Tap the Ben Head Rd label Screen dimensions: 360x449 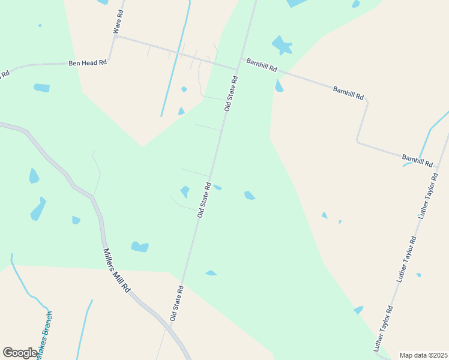click(x=87, y=62)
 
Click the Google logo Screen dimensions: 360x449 click(x=20, y=353)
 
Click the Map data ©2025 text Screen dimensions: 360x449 click(x=423, y=355)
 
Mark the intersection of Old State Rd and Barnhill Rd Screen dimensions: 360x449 click(x=238, y=68)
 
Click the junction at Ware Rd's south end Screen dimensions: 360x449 click(x=113, y=37)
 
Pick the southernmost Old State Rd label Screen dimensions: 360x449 click(x=176, y=304)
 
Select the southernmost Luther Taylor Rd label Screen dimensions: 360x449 click(x=382, y=329)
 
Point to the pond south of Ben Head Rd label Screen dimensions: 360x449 click(x=41, y=88)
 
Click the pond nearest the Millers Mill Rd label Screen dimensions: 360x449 click(x=139, y=247)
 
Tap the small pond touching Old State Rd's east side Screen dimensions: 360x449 click(x=217, y=187)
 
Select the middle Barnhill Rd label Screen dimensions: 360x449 click(x=348, y=92)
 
